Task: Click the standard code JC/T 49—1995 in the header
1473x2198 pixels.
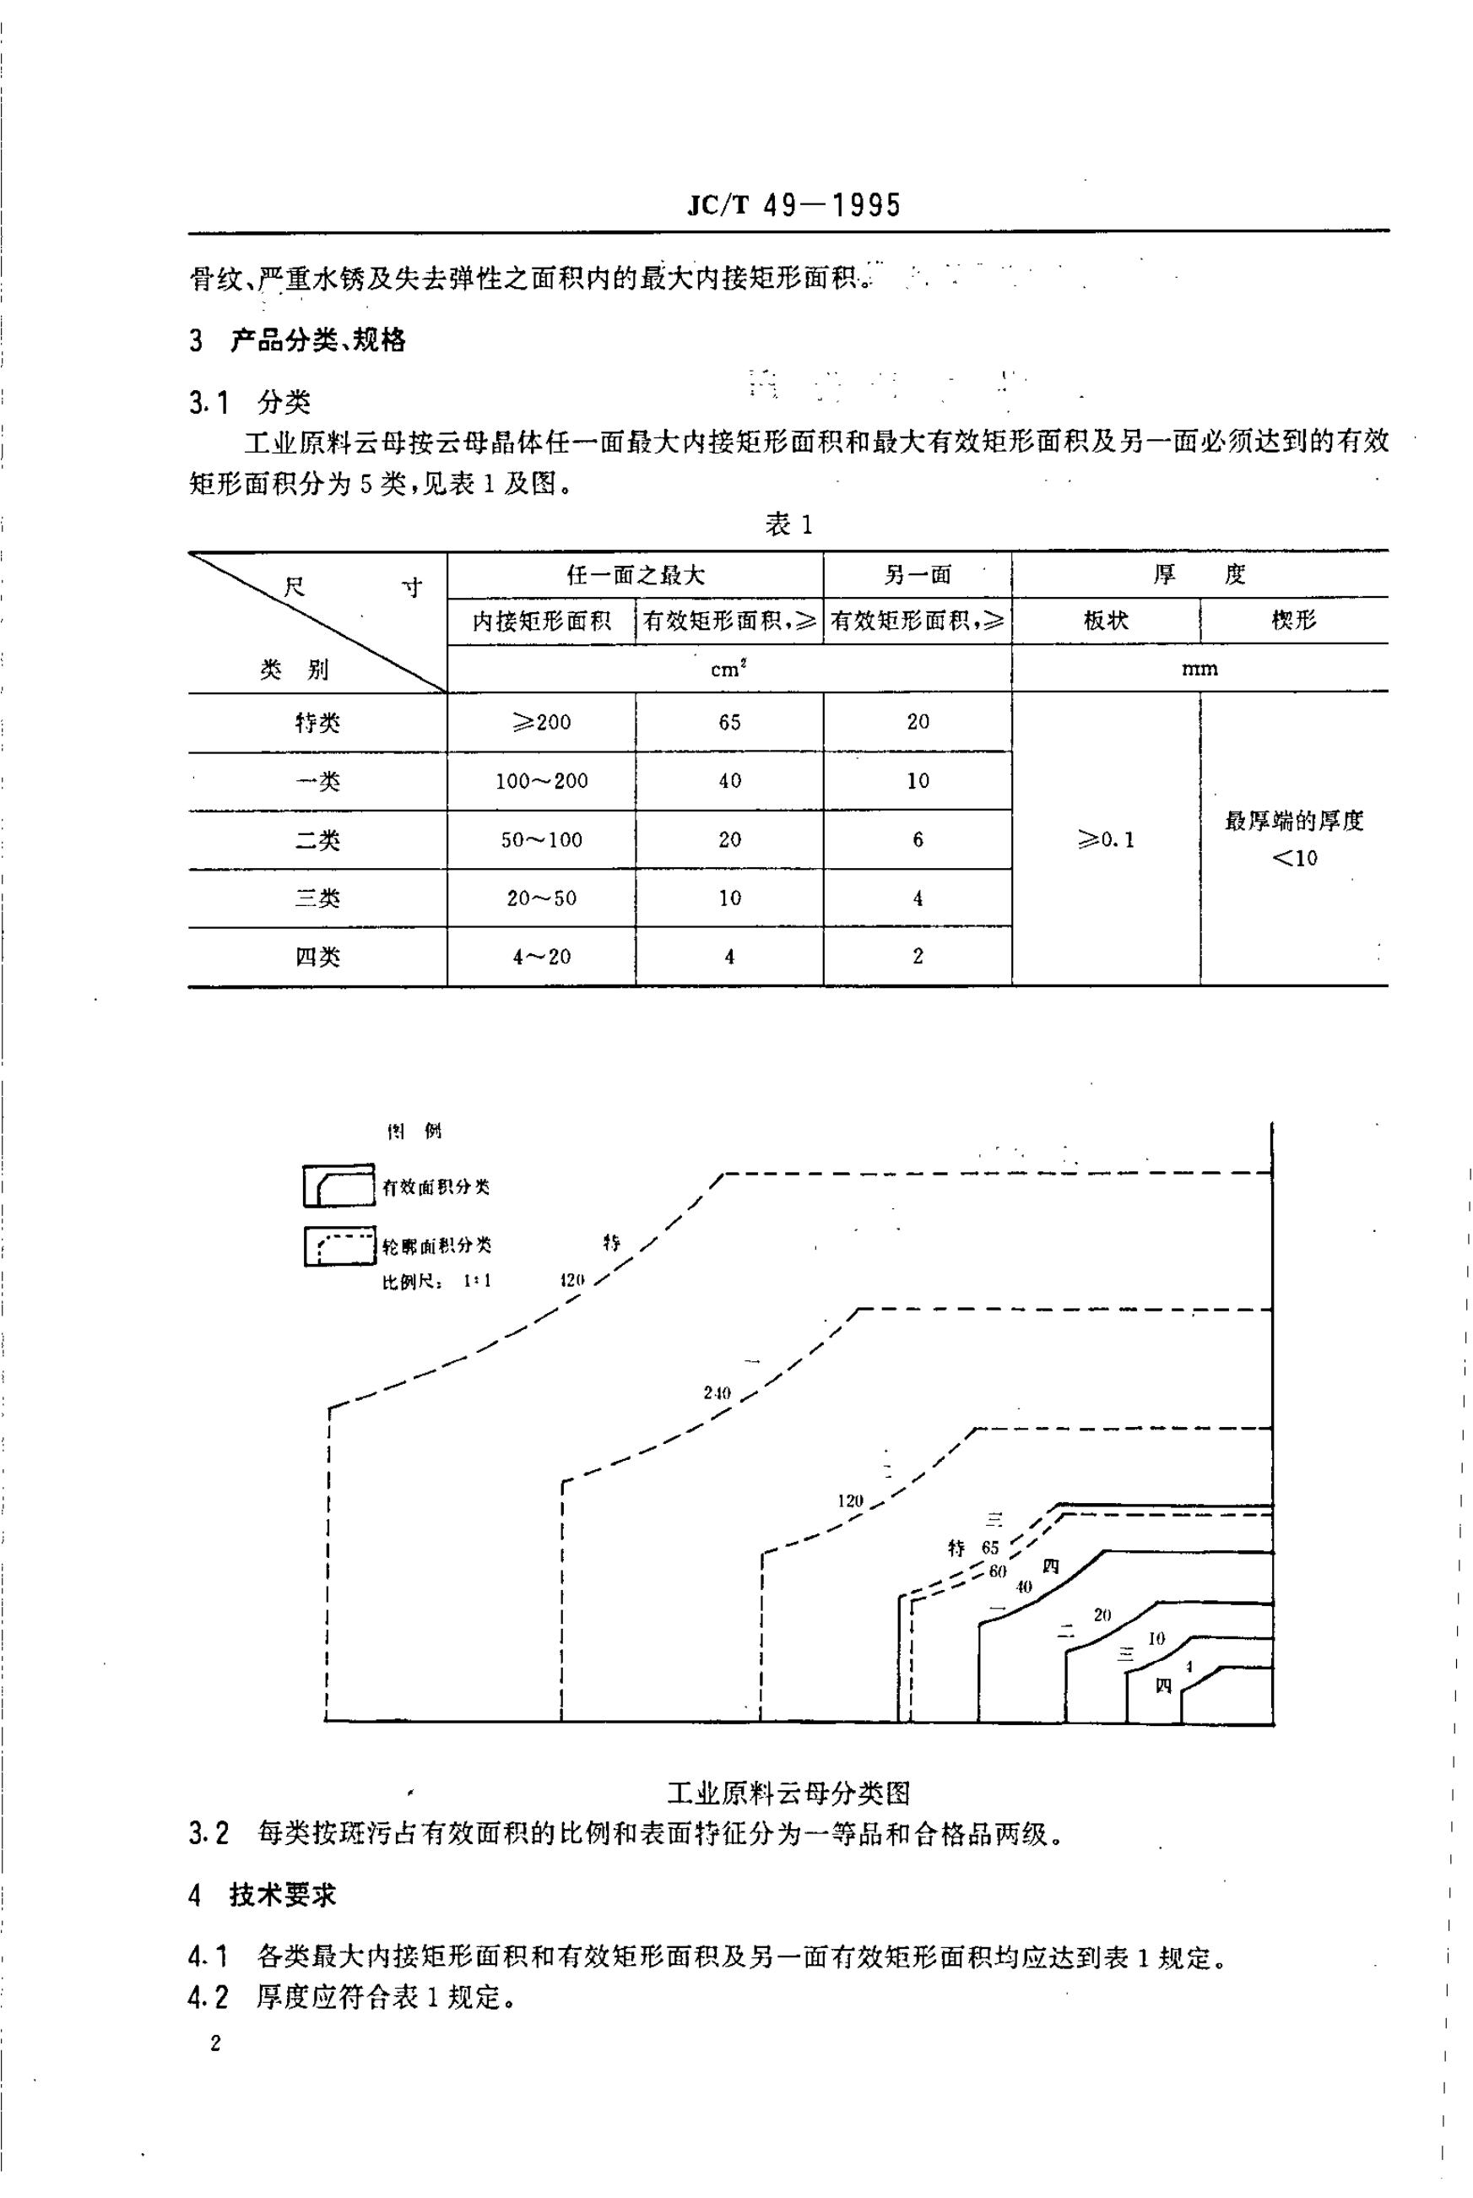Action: click(793, 205)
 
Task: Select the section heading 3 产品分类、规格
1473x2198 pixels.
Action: click(298, 340)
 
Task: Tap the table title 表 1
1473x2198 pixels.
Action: click(788, 525)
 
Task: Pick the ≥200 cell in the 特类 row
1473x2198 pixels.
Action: click(541, 723)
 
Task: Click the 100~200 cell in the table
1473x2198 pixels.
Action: click(541, 781)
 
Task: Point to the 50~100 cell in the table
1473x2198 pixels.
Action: click(541, 840)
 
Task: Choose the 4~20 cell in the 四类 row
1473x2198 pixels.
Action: click(541, 957)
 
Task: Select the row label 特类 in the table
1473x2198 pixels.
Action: click(317, 723)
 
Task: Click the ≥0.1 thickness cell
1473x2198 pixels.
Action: click(1106, 839)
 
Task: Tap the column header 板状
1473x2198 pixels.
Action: click(1106, 620)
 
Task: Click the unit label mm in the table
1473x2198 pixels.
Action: click(1200, 669)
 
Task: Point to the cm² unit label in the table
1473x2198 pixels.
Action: click(729, 669)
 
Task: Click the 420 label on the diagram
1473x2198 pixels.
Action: click(571, 1279)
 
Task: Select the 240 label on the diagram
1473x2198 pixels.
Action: click(717, 1392)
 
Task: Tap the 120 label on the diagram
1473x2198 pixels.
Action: click(850, 1501)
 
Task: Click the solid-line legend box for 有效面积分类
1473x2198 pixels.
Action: click(338, 1186)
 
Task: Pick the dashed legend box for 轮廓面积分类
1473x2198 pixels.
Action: click(339, 1246)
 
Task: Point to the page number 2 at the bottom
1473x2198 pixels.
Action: click(216, 2043)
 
